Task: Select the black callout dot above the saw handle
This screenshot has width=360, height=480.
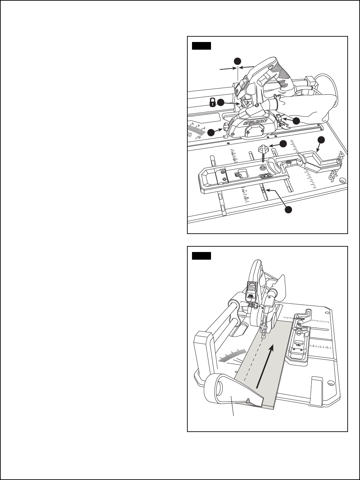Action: [x=237, y=61]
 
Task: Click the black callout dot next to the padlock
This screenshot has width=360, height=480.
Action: [x=220, y=102]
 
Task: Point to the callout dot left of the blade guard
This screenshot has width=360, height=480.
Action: [x=211, y=132]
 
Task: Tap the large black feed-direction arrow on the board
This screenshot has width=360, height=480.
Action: [x=265, y=366]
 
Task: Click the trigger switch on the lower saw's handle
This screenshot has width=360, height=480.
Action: [x=252, y=287]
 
